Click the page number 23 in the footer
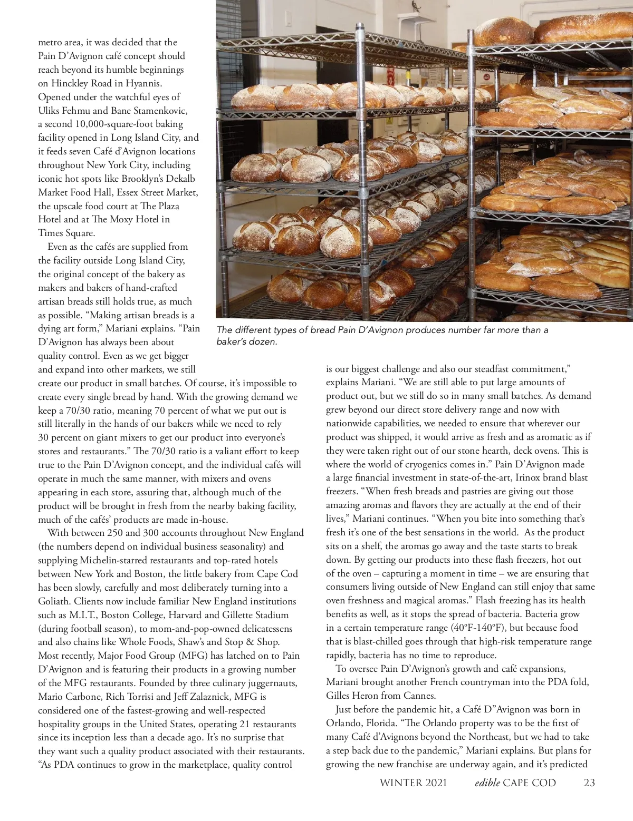(589, 783)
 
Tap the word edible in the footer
(486, 783)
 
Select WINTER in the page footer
(401, 783)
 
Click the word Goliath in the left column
(54, 601)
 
